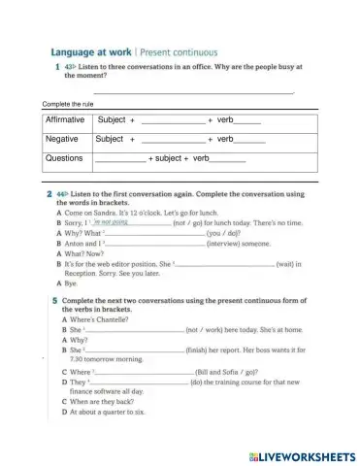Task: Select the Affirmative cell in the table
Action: [66, 120]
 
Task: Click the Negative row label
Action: [62, 139]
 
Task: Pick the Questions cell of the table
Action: [65, 157]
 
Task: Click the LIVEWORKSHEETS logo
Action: [302, 455]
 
